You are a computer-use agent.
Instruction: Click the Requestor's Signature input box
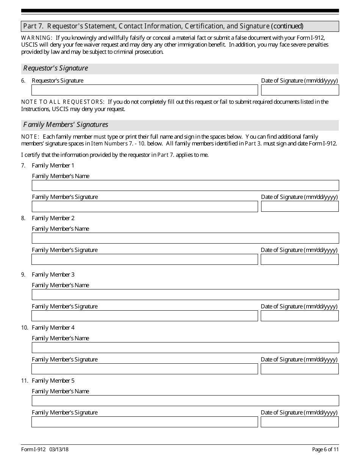coord(144,90)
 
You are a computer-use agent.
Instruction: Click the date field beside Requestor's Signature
coord(300,90)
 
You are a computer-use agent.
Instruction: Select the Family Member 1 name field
coord(185,185)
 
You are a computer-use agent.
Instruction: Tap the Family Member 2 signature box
coord(144,259)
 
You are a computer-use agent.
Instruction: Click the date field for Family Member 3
coord(299,316)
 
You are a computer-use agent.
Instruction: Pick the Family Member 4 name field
coord(185,347)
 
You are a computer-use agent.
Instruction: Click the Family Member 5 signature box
coord(144,422)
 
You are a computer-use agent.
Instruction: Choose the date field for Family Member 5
coord(299,422)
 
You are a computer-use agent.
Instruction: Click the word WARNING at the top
coord(36,38)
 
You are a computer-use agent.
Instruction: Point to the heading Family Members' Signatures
coord(66,125)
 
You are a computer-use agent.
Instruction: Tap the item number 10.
coord(24,327)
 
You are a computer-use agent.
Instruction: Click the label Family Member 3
coord(53,274)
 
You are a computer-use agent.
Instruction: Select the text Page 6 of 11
coord(325,449)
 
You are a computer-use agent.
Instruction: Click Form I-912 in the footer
coord(33,449)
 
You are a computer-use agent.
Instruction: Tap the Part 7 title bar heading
coord(163,26)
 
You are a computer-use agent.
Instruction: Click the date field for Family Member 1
coord(300,206)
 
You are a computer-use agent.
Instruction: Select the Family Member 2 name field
coord(185,238)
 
